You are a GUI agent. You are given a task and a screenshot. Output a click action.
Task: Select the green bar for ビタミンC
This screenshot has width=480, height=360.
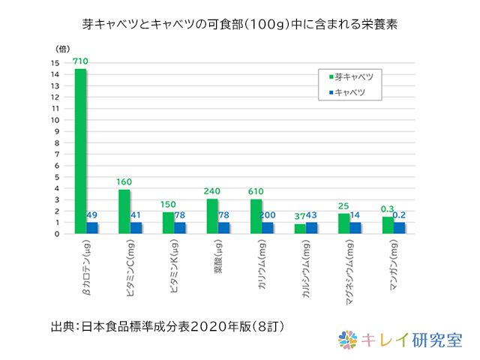pyautogui.click(x=124, y=211)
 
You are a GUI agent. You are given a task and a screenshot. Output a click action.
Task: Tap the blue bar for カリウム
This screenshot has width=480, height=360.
pyautogui.click(x=268, y=228)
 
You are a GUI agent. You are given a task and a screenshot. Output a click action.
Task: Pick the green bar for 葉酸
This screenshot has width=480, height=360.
pyautogui.click(x=212, y=216)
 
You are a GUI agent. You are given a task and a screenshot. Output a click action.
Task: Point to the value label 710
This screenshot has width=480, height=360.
pyautogui.click(x=80, y=61)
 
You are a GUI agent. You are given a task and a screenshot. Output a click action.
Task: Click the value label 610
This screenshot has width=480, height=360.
pyautogui.click(x=256, y=192)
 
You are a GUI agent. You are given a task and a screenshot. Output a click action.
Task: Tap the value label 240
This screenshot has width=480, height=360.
pyautogui.click(x=212, y=192)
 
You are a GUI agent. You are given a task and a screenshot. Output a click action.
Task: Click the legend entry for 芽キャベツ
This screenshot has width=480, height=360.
pyautogui.click(x=352, y=76)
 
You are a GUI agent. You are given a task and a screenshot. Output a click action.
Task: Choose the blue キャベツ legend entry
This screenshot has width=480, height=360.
pyautogui.click(x=349, y=92)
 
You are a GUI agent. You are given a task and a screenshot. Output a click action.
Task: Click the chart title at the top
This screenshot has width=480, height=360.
pyautogui.click(x=240, y=24)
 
